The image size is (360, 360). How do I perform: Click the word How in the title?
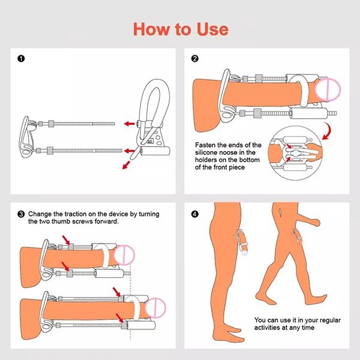coord(152,29)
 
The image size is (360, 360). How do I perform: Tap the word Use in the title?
coord(212,29)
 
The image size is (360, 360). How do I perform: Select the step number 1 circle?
coord(21,59)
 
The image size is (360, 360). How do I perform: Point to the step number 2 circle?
coord(194,59)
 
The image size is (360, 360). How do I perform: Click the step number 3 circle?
coord(21,214)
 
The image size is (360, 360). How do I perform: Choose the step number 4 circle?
coord(194,214)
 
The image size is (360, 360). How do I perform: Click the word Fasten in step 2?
coord(206,145)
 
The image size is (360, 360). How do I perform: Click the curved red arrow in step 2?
coord(327,131)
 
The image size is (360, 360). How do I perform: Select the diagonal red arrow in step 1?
coord(126,165)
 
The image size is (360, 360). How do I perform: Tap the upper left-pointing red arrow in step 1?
coord(129,124)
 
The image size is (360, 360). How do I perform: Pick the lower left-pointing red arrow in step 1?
coord(129,151)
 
